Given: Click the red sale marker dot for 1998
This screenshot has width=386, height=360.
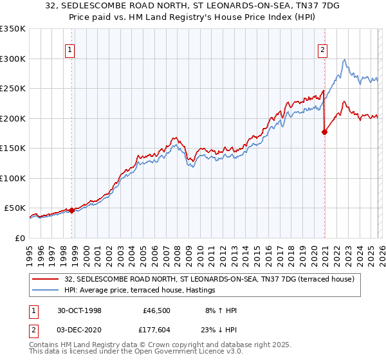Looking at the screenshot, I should coord(72,210).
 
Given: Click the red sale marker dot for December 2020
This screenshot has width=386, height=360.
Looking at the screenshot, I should coord(324,132).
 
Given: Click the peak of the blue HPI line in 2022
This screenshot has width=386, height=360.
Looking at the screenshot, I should coord(345,60).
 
